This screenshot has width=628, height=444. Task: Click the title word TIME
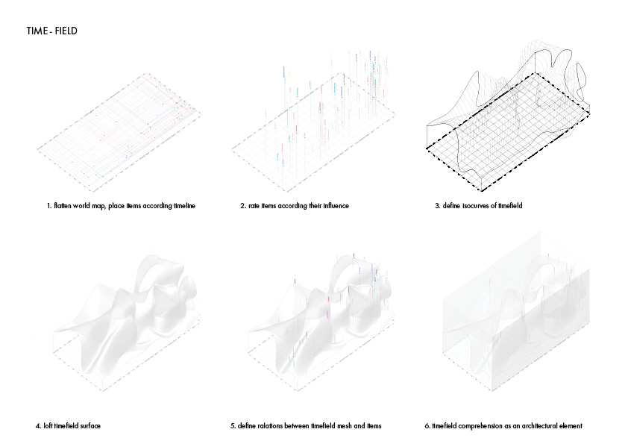[35, 32]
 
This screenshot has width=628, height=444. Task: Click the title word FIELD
[66, 32]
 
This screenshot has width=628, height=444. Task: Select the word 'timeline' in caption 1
[180, 205]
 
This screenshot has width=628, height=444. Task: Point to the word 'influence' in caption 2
[334, 205]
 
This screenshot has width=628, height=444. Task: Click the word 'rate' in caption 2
[254, 205]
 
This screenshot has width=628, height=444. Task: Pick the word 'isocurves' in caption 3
[474, 205]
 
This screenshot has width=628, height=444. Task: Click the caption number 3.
[438, 205]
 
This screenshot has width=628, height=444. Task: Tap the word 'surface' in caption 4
[90, 426]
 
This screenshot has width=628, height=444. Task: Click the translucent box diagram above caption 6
[515, 321]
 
